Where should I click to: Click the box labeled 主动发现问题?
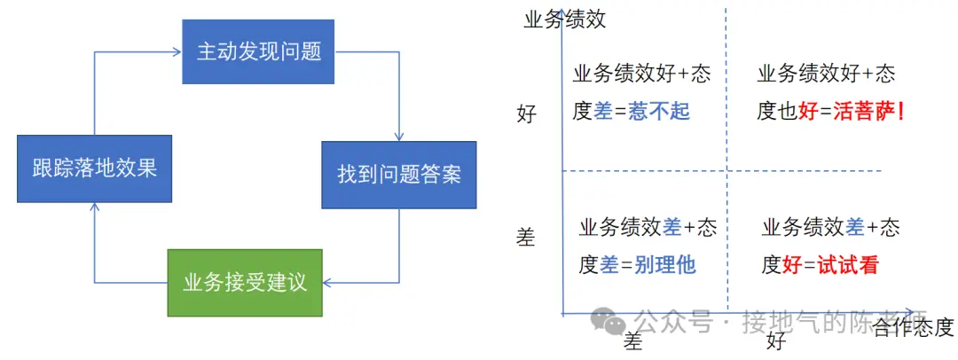click(258, 51)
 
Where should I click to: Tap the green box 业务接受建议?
click(245, 283)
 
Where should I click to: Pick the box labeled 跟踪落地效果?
click(94, 168)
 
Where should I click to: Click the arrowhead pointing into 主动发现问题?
click(177, 51)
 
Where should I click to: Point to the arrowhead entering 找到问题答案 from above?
click(399, 137)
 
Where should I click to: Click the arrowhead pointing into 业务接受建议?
click(327, 284)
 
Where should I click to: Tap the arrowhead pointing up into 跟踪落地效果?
click(94, 207)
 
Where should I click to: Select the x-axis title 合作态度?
click(913, 328)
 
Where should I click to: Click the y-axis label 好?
click(527, 114)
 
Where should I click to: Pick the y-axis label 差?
click(526, 237)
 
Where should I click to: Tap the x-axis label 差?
click(632, 342)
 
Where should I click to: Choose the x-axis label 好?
click(777, 341)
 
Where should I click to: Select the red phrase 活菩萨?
click(853, 112)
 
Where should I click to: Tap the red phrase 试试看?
click(848, 264)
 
